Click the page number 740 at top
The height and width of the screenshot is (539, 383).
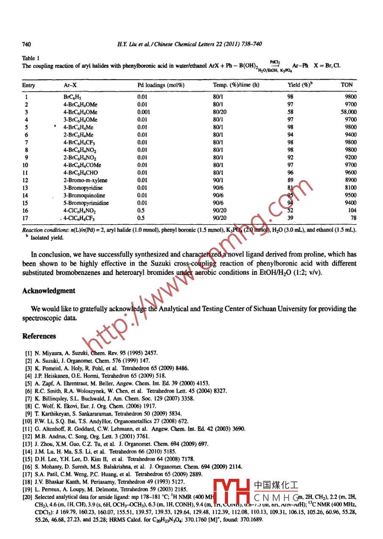click(27, 44)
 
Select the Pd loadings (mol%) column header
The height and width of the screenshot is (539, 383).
click(161, 85)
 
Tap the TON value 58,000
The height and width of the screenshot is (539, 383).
click(348, 112)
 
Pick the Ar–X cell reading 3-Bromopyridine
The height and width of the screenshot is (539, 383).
click(83, 188)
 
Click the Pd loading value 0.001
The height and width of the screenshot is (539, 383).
click(144, 112)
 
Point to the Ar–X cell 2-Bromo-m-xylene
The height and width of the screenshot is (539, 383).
click(84, 180)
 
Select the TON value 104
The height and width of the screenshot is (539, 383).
click(352, 211)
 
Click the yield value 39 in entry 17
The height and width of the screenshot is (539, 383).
click(291, 218)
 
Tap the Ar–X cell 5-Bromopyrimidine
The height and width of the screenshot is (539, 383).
click(86, 203)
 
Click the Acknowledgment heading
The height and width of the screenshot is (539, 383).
click(49, 291)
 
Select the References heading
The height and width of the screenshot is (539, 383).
click(39, 336)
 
